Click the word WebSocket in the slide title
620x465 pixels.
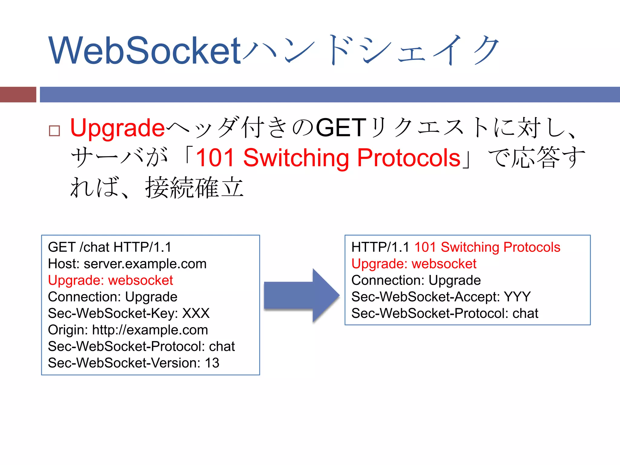(x=145, y=51)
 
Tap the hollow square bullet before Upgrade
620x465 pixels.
(x=54, y=131)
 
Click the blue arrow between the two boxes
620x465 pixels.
(x=302, y=295)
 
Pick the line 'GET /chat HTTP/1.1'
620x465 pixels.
(x=110, y=247)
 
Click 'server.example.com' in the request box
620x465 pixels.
(x=145, y=264)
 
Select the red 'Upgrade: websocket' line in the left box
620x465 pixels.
(x=110, y=280)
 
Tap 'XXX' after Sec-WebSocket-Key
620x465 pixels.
(x=196, y=313)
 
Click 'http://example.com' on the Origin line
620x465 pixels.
(x=150, y=330)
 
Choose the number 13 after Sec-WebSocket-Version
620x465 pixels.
(x=212, y=363)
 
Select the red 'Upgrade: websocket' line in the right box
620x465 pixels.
(x=414, y=264)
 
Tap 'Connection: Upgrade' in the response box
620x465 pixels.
(x=416, y=280)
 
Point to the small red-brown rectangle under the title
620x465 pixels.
(x=18, y=94)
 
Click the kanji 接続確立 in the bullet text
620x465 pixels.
(x=194, y=188)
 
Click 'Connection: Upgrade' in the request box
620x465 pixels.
(x=113, y=297)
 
